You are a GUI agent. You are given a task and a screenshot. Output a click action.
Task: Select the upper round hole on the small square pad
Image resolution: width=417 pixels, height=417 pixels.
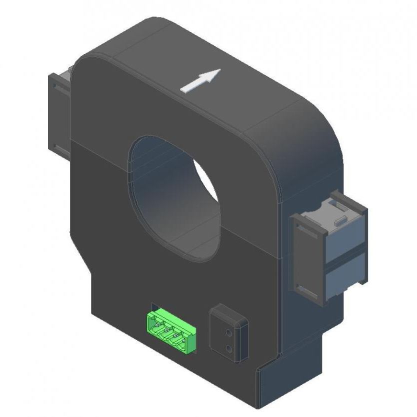[228, 331]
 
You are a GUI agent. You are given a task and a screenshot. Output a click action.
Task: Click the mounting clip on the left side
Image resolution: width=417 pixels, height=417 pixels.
[58, 112]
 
